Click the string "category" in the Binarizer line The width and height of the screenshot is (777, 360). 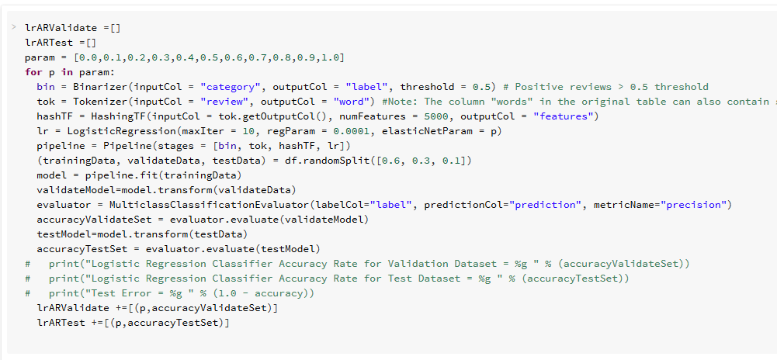pyautogui.click(x=231, y=87)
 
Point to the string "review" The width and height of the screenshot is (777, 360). pyautogui.click(x=224, y=102)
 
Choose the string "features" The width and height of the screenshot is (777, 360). pyautogui.click(x=565, y=116)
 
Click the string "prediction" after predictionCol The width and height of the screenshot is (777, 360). pyautogui.click(x=547, y=205)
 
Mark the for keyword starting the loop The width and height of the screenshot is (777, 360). pyautogui.click(x=33, y=72)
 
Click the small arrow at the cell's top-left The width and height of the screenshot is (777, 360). pyautogui.click(x=13, y=27)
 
